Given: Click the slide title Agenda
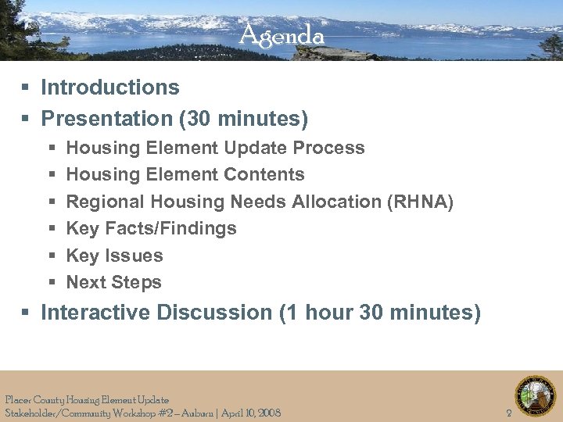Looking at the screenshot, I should tap(281, 35).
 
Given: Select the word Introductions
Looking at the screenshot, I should tap(110, 88).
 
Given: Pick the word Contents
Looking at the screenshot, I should tap(265, 174).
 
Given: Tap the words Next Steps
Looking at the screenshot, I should tap(113, 282).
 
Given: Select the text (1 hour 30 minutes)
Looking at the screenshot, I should tap(380, 313).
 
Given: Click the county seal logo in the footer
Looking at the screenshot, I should tap(535, 395).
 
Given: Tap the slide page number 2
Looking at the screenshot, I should tap(509, 413).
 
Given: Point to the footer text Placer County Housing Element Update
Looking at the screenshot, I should tap(86, 400).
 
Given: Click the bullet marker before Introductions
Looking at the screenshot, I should tap(26, 88).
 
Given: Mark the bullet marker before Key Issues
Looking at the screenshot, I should tap(52, 256).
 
